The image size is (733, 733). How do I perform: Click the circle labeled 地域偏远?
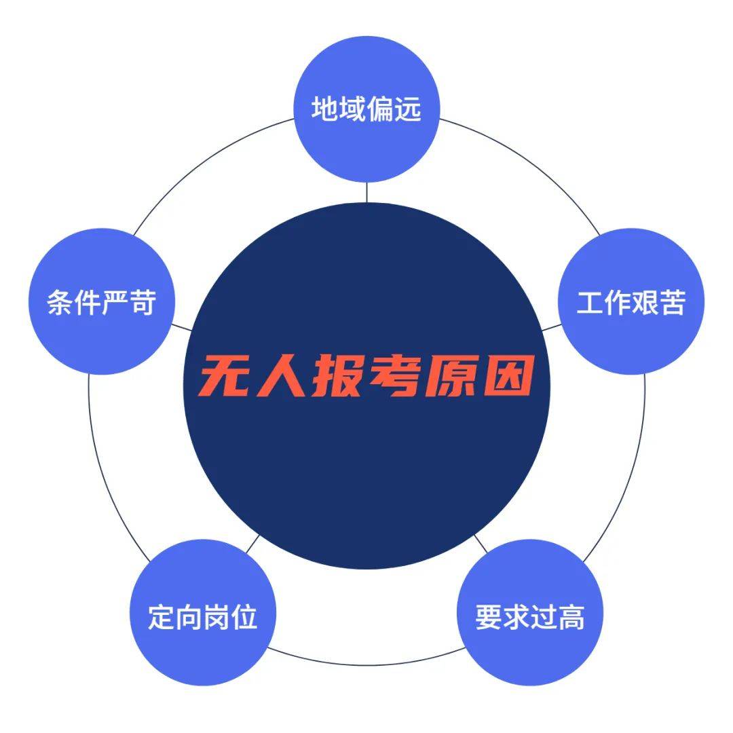click(x=366, y=109)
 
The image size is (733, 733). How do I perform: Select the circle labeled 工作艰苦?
click(x=631, y=301)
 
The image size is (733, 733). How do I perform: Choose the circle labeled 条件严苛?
click(x=101, y=301)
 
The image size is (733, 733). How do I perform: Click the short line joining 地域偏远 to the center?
click(x=366, y=192)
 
